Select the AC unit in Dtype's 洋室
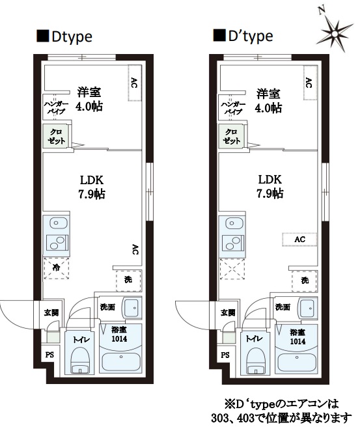(134, 83)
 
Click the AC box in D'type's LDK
(299, 239)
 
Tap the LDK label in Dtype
(90, 180)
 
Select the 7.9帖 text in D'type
(268, 193)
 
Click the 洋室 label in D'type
(267, 92)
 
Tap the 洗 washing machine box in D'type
(305, 280)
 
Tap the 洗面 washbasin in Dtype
(132, 307)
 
